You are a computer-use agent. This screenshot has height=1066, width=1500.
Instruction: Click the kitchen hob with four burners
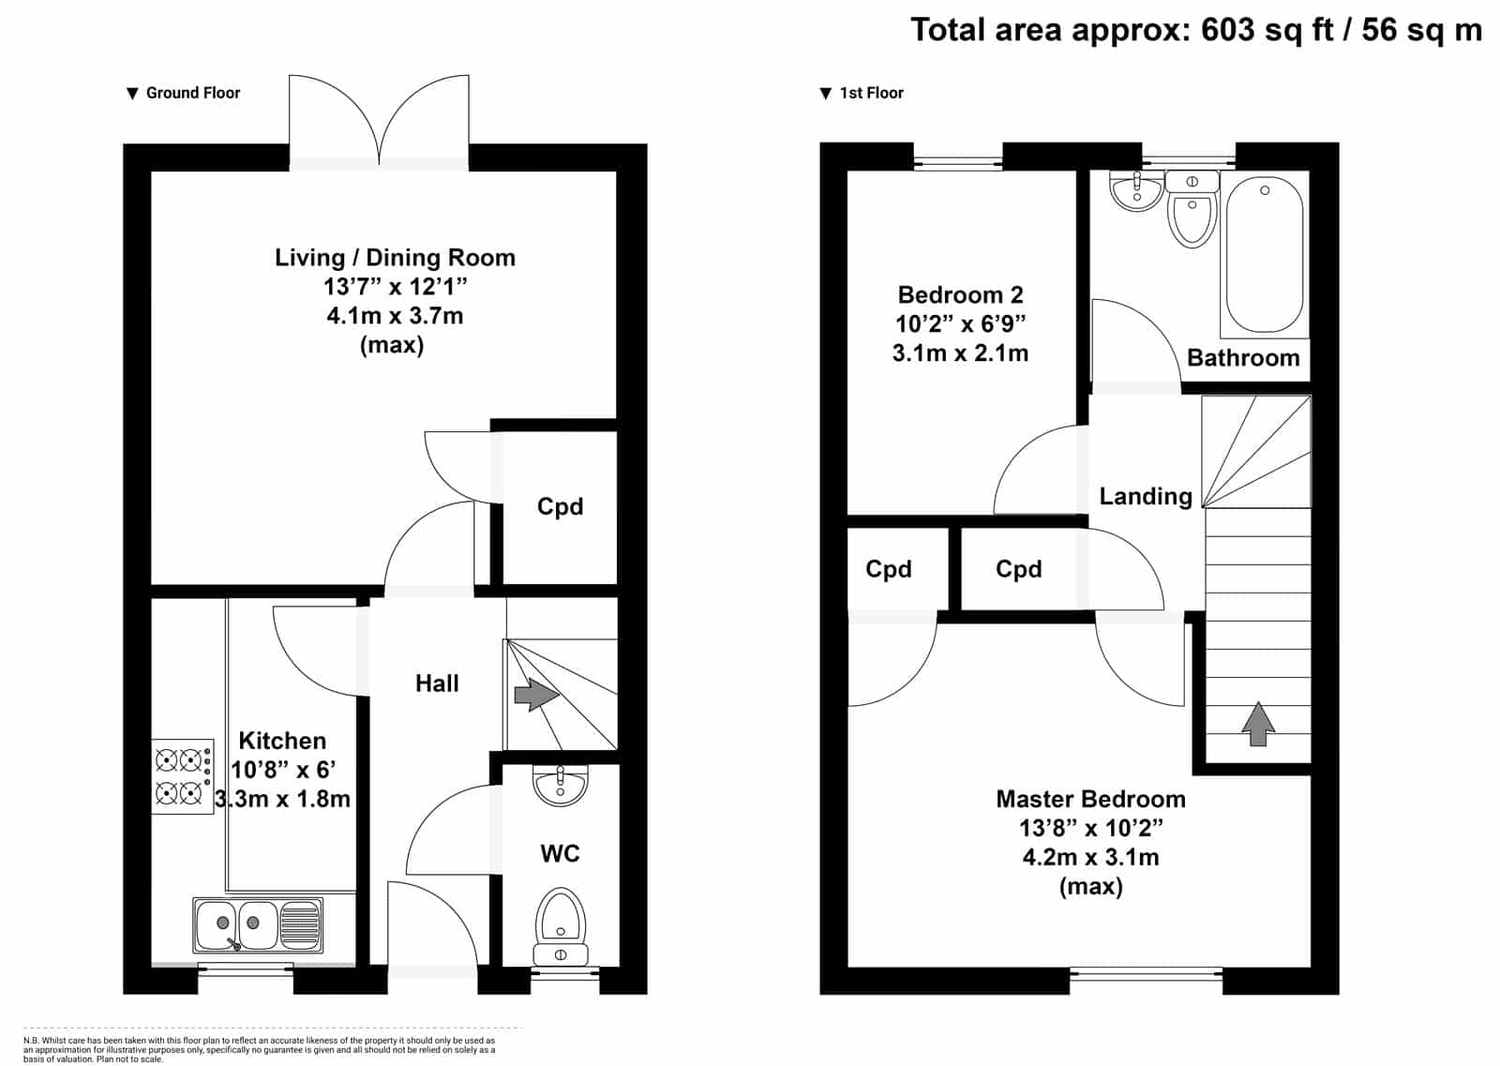coord(182,776)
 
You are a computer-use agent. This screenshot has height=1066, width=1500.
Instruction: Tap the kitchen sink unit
coord(258,925)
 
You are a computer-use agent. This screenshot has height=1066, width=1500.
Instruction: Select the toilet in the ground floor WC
coord(561,926)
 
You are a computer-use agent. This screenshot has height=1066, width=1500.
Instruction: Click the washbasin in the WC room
coord(560,784)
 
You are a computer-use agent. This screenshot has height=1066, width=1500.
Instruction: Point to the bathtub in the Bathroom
coord(1265,254)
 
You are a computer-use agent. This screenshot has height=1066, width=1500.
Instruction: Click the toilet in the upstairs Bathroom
coord(1192,209)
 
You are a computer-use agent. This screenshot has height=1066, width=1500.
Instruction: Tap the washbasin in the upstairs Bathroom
coord(1136,190)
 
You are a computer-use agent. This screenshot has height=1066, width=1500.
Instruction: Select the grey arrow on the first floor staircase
coord(1258,724)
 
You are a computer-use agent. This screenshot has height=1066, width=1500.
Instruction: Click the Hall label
coord(437,683)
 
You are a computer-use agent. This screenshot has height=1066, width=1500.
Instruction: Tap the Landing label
coord(1146,496)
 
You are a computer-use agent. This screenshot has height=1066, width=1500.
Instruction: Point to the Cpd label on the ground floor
coord(560,506)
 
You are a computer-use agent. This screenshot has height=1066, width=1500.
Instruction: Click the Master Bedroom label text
coord(1091,799)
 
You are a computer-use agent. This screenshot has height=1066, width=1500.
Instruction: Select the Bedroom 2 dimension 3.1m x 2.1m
coord(960,353)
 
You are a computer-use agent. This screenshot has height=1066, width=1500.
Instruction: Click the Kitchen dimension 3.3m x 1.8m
coord(282,799)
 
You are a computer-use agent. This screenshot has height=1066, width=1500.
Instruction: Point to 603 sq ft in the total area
coord(1267,31)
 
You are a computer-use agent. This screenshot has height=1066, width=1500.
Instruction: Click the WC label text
coord(560,854)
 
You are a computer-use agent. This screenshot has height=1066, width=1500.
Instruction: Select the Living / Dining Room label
coord(395,258)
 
